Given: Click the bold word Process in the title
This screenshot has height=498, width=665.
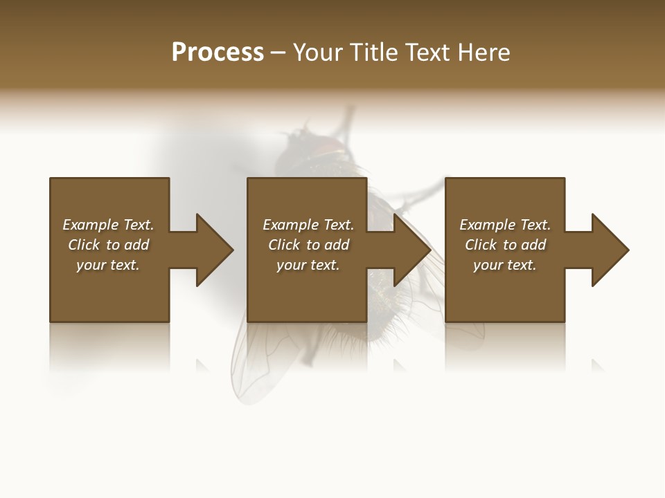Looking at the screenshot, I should click(x=218, y=53).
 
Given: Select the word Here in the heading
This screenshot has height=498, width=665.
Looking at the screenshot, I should click(x=483, y=53).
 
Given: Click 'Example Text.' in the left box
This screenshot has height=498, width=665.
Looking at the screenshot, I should click(x=108, y=225).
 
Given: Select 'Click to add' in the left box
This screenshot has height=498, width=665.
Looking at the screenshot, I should click(x=108, y=245).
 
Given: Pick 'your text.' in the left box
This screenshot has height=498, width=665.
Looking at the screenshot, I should click(x=108, y=265).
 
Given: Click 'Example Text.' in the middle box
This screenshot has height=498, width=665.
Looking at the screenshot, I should click(x=308, y=225).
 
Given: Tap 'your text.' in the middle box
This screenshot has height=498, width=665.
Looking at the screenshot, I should click(x=308, y=265).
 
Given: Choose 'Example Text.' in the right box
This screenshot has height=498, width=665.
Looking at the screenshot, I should click(x=505, y=225).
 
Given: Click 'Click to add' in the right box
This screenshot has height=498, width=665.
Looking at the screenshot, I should click(x=505, y=245).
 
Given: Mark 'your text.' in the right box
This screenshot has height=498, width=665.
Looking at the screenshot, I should click(x=505, y=265).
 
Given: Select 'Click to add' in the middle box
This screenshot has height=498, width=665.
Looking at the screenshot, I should click(x=308, y=245).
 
